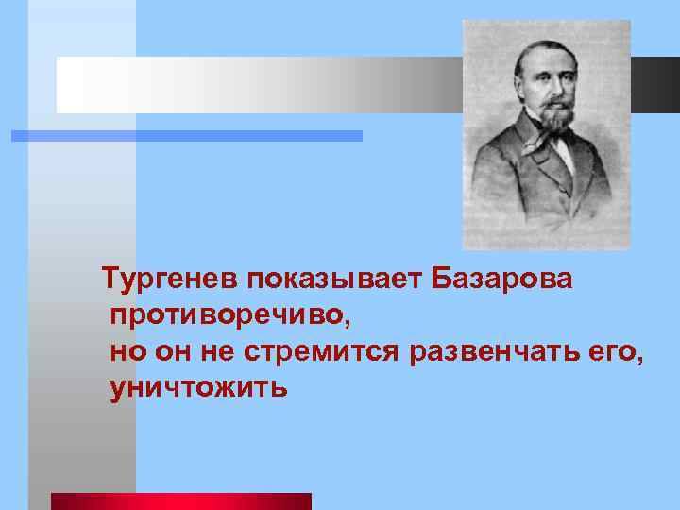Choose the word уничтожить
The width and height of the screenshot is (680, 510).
pyautogui.click(x=198, y=388)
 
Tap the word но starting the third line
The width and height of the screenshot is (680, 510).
pyautogui.click(x=127, y=353)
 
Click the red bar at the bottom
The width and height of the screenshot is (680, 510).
pyautogui.click(x=180, y=501)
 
